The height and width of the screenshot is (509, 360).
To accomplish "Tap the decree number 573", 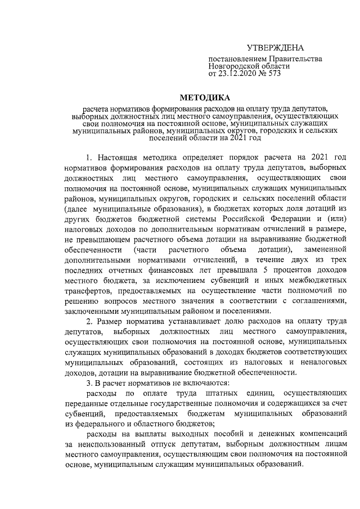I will tap(274, 73).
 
